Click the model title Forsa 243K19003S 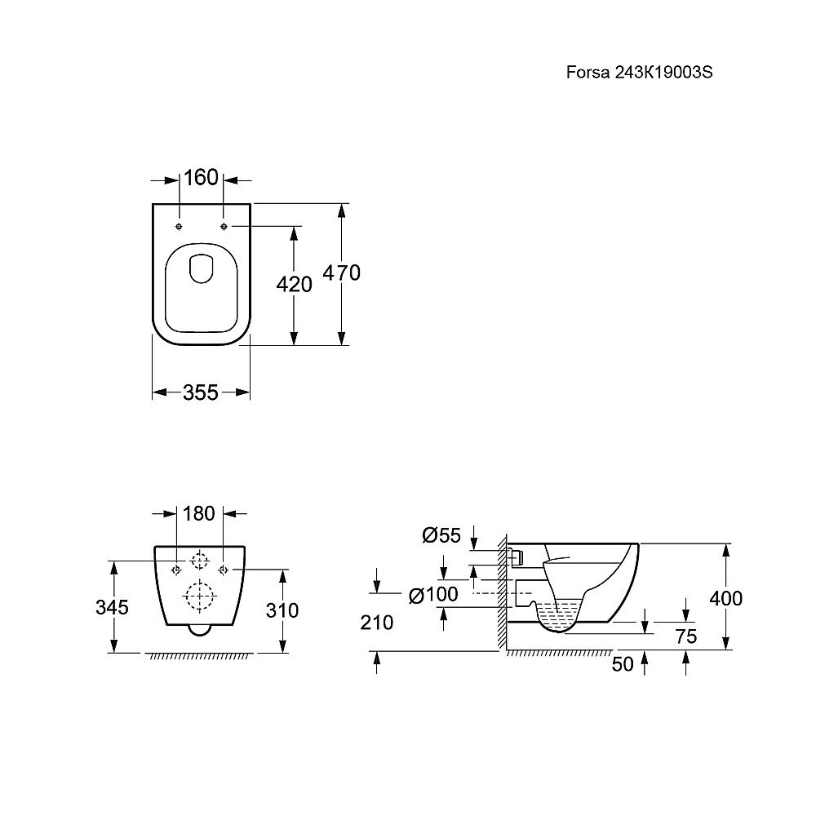639,73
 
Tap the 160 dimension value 201,178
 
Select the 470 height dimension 341,273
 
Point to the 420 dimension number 294,285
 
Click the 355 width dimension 201,392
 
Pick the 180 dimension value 199,513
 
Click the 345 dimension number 112,607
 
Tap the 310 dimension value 282,610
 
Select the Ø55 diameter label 441,535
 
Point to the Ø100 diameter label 433,595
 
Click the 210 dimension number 377,623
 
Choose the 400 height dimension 726,599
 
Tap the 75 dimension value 686,636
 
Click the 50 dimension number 623,664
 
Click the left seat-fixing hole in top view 179,226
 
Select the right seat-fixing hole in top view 224,226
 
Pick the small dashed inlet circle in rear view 200,561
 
